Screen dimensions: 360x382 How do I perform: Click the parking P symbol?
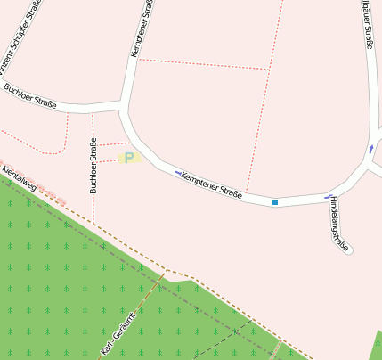click(129, 158)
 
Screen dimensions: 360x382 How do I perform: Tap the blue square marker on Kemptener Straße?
click(275, 202)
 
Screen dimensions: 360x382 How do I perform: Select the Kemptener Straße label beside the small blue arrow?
click(212, 185)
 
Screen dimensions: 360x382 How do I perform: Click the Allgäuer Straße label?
click(367, 22)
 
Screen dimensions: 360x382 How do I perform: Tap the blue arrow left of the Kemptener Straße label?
click(178, 172)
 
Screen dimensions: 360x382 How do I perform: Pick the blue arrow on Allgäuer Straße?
click(371, 149)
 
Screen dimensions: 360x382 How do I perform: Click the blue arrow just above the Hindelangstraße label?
click(329, 195)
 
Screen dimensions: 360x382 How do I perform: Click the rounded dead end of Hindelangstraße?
click(348, 250)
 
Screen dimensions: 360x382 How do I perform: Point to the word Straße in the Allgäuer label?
click(369, 36)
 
